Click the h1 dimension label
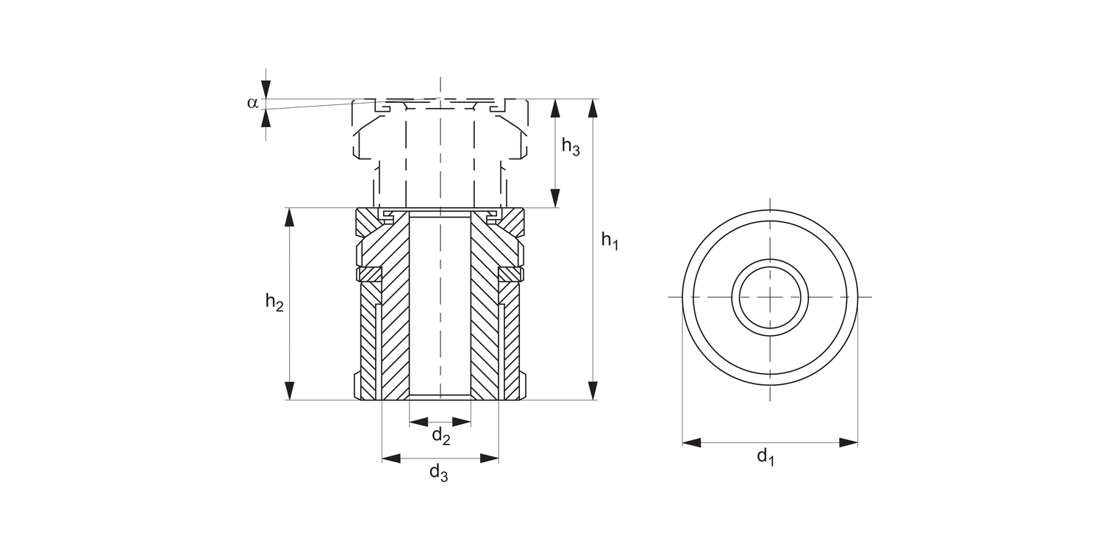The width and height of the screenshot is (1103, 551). pos(610,240)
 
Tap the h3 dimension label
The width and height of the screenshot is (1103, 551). pos(571,147)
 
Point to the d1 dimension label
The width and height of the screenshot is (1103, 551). pos(766,457)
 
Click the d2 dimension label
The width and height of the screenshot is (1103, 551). pos(440,436)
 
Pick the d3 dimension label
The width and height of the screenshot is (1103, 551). pos(439,472)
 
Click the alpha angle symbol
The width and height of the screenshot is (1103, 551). pos(253,102)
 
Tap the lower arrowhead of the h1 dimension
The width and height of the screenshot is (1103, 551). pos(593,390)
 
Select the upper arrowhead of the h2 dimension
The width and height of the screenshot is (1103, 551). pos(290,217)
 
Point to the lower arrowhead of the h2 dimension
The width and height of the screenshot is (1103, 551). pos(290,390)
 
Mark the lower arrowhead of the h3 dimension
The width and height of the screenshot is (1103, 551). pos(555,198)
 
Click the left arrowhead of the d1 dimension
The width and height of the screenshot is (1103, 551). pos(692,442)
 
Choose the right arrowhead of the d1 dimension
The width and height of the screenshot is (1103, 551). pos(849,442)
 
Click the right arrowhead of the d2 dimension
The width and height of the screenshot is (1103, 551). pos(462,422)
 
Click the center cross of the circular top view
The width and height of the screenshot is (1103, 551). pos(770,297)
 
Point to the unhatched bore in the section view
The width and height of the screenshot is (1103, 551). pos(440,309)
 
